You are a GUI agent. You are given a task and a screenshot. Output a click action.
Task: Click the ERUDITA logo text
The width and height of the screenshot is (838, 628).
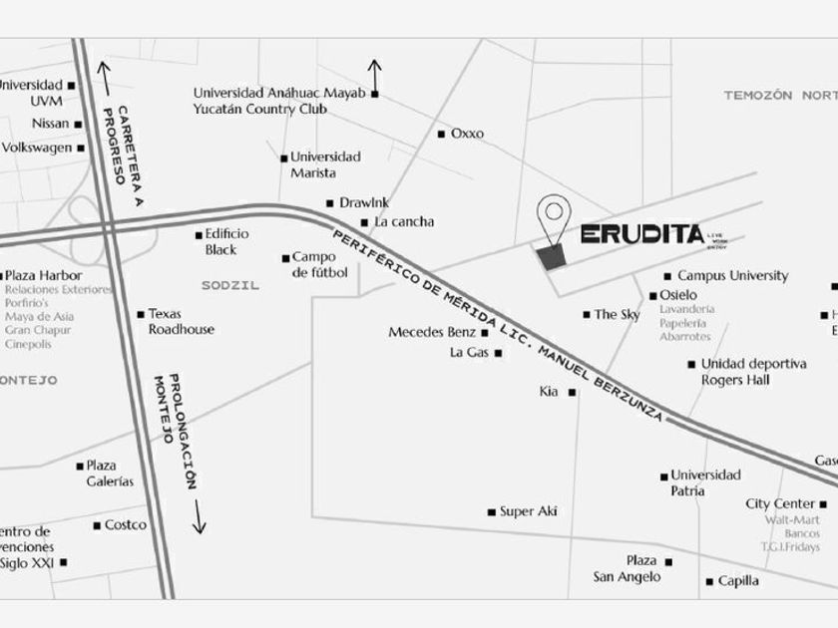640,235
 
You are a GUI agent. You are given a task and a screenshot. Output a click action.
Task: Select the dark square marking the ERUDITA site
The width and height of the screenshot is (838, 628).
551,256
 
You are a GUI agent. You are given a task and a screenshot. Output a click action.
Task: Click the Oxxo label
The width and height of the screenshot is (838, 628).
467,133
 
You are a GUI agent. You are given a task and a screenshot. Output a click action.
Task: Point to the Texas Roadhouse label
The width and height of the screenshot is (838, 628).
181,321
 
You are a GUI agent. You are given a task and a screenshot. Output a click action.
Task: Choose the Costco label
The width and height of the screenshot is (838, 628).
126,524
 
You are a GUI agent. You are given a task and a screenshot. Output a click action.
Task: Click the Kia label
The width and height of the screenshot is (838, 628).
549,392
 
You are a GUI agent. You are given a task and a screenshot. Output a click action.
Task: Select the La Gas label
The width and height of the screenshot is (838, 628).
469,352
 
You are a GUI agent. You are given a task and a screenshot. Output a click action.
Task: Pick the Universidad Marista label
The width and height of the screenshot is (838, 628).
325,164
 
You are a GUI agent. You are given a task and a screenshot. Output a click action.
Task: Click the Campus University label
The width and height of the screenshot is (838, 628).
732,275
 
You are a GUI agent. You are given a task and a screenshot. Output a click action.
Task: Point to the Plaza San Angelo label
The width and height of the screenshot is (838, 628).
627,568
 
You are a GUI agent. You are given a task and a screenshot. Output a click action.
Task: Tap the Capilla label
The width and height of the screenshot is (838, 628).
738,580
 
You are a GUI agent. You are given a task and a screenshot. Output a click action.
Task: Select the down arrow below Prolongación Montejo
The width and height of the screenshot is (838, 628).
199,516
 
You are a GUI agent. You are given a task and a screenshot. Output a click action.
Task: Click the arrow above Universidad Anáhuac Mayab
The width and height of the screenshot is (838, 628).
374,73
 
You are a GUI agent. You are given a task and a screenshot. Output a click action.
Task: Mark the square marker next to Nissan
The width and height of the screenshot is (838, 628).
78,124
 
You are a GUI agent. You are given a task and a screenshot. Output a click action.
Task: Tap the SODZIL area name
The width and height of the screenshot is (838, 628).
229,285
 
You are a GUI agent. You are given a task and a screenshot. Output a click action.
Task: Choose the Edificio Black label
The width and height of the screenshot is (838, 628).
226,240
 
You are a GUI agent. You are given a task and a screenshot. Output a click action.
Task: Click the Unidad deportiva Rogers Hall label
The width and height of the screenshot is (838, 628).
753,372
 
